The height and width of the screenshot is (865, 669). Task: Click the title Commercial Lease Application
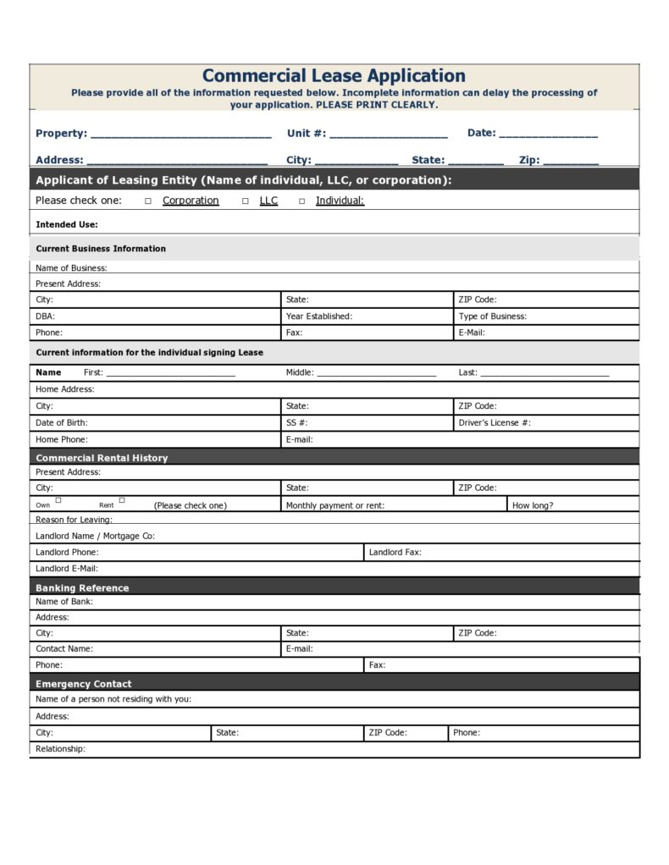click(334, 76)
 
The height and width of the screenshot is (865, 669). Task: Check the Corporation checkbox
click(148, 201)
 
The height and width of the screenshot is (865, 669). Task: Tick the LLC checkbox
click(246, 201)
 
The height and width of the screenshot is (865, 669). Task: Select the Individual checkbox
click(301, 201)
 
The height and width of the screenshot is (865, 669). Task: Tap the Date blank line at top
click(548, 135)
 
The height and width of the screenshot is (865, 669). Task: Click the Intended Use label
click(67, 225)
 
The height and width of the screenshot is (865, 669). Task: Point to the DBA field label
click(45, 317)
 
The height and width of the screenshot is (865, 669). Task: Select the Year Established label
click(318, 317)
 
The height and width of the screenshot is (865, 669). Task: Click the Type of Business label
click(492, 317)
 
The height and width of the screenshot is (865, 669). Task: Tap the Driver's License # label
click(495, 423)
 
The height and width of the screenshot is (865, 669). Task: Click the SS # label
click(296, 423)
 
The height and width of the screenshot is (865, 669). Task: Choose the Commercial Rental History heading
click(102, 458)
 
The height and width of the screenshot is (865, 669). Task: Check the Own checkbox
click(58, 500)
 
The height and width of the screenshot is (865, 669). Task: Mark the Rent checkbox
click(122, 500)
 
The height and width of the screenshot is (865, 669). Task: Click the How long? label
click(533, 505)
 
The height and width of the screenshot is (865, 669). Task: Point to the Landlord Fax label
click(395, 553)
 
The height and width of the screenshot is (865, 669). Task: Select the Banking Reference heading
click(82, 588)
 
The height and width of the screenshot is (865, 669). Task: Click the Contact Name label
click(64, 649)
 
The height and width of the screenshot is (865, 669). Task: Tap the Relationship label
click(60, 749)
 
